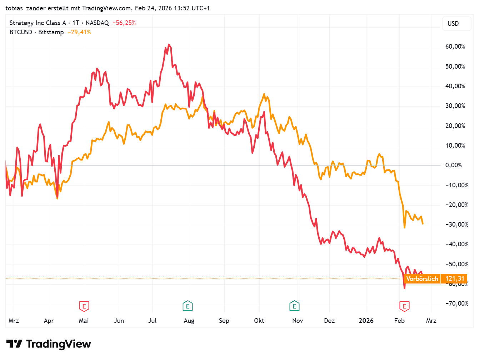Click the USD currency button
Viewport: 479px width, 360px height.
(453, 24)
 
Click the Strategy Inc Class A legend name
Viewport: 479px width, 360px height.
(38, 23)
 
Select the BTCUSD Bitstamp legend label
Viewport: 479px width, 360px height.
(36, 32)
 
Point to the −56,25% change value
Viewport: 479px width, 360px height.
(124, 23)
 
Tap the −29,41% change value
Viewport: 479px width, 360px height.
(79, 32)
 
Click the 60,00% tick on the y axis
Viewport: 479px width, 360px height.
(455, 46)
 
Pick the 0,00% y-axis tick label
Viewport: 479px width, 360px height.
(453, 165)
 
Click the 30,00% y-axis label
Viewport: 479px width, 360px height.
(455, 106)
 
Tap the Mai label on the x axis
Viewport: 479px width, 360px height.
(84, 321)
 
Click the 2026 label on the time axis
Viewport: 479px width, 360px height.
(366, 321)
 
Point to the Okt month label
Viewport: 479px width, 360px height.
(259, 321)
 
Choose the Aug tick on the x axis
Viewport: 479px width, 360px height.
(189, 321)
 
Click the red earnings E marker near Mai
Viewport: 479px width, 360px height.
(84, 306)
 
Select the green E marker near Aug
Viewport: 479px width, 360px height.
(188, 306)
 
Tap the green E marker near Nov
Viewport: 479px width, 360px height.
(294, 306)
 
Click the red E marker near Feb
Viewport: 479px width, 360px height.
(404, 306)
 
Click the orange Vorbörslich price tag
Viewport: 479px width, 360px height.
(422, 279)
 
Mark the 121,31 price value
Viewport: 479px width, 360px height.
(455, 279)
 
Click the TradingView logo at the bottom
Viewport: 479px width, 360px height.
(49, 344)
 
